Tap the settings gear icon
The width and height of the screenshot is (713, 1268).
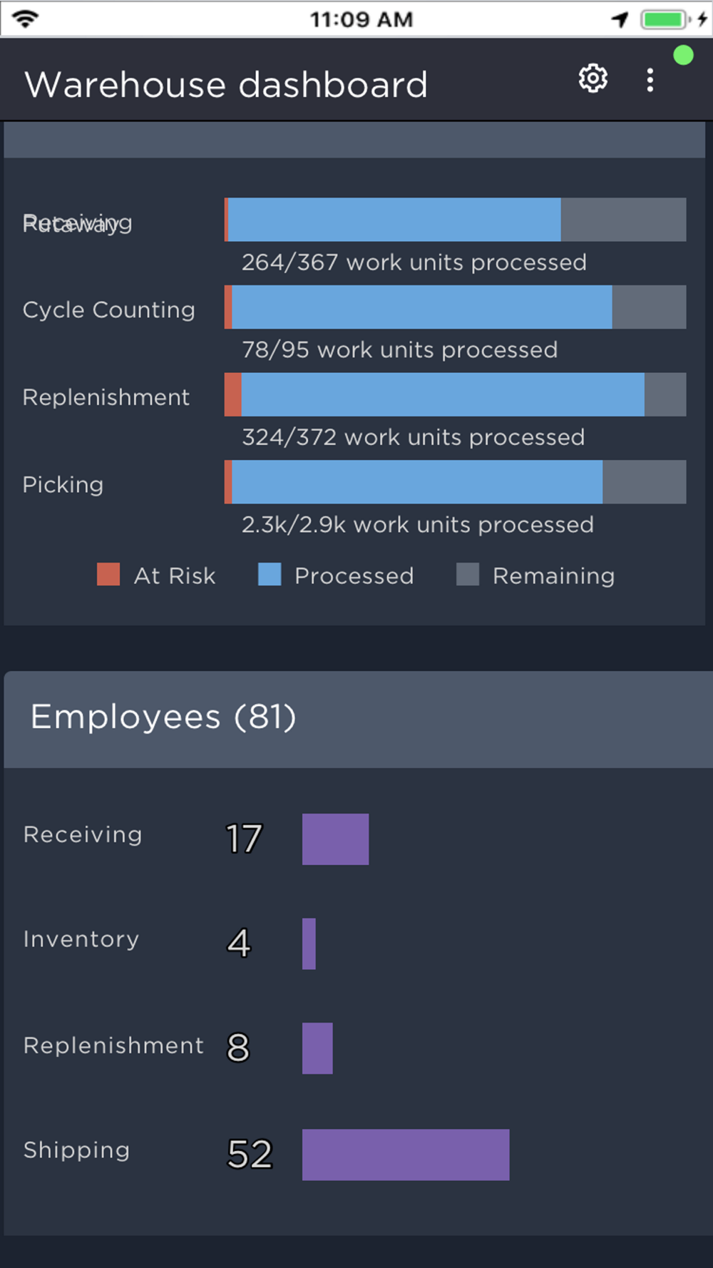pyautogui.click(x=593, y=78)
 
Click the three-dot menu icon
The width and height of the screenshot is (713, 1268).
pyautogui.click(x=650, y=80)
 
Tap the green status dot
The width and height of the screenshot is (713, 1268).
pyautogui.click(x=683, y=56)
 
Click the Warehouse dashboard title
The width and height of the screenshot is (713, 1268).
pyautogui.click(x=226, y=85)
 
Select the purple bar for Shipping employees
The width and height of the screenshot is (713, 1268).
pyautogui.click(x=405, y=1154)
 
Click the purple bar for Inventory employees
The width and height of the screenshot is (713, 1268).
pyautogui.click(x=309, y=944)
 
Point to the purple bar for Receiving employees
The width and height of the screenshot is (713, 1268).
pyautogui.click(x=335, y=839)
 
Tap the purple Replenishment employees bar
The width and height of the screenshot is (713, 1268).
pyautogui.click(x=317, y=1048)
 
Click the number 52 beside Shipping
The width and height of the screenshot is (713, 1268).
pyautogui.click(x=250, y=1154)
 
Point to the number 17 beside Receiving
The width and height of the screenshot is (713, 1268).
pyautogui.click(x=244, y=839)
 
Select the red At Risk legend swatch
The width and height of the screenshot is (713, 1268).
pyautogui.click(x=108, y=574)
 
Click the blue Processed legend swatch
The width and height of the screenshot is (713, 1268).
pyautogui.click(x=270, y=574)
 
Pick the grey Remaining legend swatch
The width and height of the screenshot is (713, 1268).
pyautogui.click(x=468, y=574)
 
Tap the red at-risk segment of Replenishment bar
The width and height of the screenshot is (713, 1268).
pyautogui.click(x=233, y=394)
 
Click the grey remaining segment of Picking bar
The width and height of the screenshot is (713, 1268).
pyautogui.click(x=644, y=481)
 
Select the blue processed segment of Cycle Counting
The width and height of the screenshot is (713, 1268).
pyautogui.click(x=421, y=307)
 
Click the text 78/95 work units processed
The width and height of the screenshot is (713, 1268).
pyautogui.click(x=399, y=350)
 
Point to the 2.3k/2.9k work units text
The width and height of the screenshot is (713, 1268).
pyautogui.click(x=417, y=525)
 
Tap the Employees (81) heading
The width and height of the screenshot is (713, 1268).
pyautogui.click(x=163, y=717)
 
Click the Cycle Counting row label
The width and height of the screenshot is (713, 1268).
pyautogui.click(x=108, y=310)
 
